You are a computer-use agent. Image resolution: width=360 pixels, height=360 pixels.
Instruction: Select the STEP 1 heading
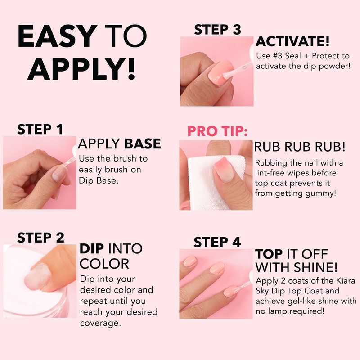[x=40, y=129]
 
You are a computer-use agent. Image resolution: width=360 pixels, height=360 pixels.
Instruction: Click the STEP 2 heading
[x=41, y=237]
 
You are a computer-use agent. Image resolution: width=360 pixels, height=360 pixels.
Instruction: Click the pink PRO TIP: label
[x=217, y=132]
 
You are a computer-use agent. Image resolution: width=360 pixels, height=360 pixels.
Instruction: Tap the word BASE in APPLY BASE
[x=142, y=144]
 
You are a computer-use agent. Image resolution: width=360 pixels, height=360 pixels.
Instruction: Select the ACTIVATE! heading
[x=293, y=42]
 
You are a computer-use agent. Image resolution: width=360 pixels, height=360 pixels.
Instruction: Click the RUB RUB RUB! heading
[x=300, y=147]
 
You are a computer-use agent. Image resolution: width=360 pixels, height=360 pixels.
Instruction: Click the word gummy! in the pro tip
[x=322, y=193]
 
